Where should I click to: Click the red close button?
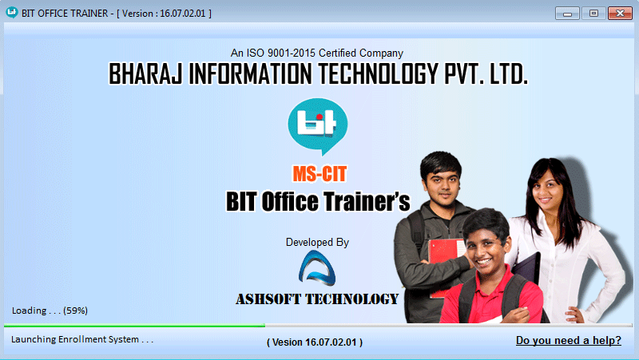click(x=620, y=14)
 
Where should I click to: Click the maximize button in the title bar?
click(x=593, y=14)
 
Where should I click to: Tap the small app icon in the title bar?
click(x=12, y=13)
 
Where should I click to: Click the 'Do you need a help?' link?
click(x=569, y=340)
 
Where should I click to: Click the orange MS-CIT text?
click(x=319, y=174)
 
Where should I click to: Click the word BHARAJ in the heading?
click(x=145, y=73)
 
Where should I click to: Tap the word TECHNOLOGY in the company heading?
click(x=378, y=73)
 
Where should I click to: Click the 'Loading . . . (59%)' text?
click(x=50, y=311)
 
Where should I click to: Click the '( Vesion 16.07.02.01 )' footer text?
click(x=315, y=342)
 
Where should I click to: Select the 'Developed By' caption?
click(x=317, y=243)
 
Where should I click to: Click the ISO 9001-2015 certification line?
click(x=316, y=53)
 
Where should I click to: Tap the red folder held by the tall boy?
click(x=447, y=261)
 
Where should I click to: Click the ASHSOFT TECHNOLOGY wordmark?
click(x=317, y=299)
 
